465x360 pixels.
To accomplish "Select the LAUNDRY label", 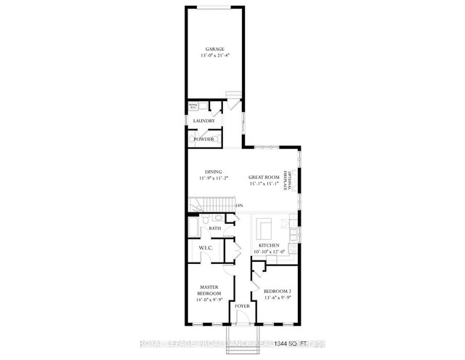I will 203,121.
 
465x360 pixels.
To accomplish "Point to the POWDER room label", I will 203,138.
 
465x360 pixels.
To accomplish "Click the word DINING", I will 213,172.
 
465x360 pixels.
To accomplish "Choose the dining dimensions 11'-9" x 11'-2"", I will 213,178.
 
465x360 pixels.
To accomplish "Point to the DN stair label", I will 239,207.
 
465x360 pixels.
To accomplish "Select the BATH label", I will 215,228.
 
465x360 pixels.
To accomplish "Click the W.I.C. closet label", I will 205,249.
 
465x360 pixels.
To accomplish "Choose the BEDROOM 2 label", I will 277,290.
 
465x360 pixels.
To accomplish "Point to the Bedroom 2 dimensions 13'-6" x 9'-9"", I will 277,297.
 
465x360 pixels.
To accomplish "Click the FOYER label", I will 240,316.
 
